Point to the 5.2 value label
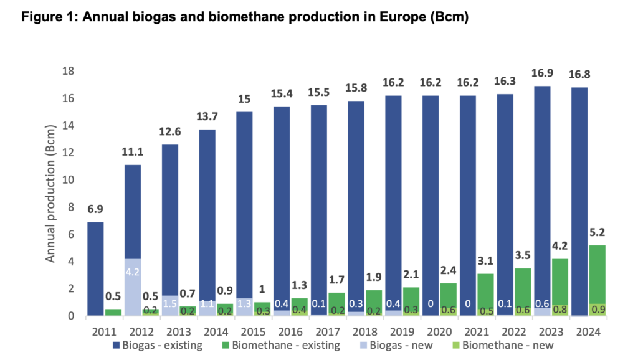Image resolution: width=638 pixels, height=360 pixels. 598,233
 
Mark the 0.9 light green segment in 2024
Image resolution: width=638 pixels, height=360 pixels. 598,310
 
